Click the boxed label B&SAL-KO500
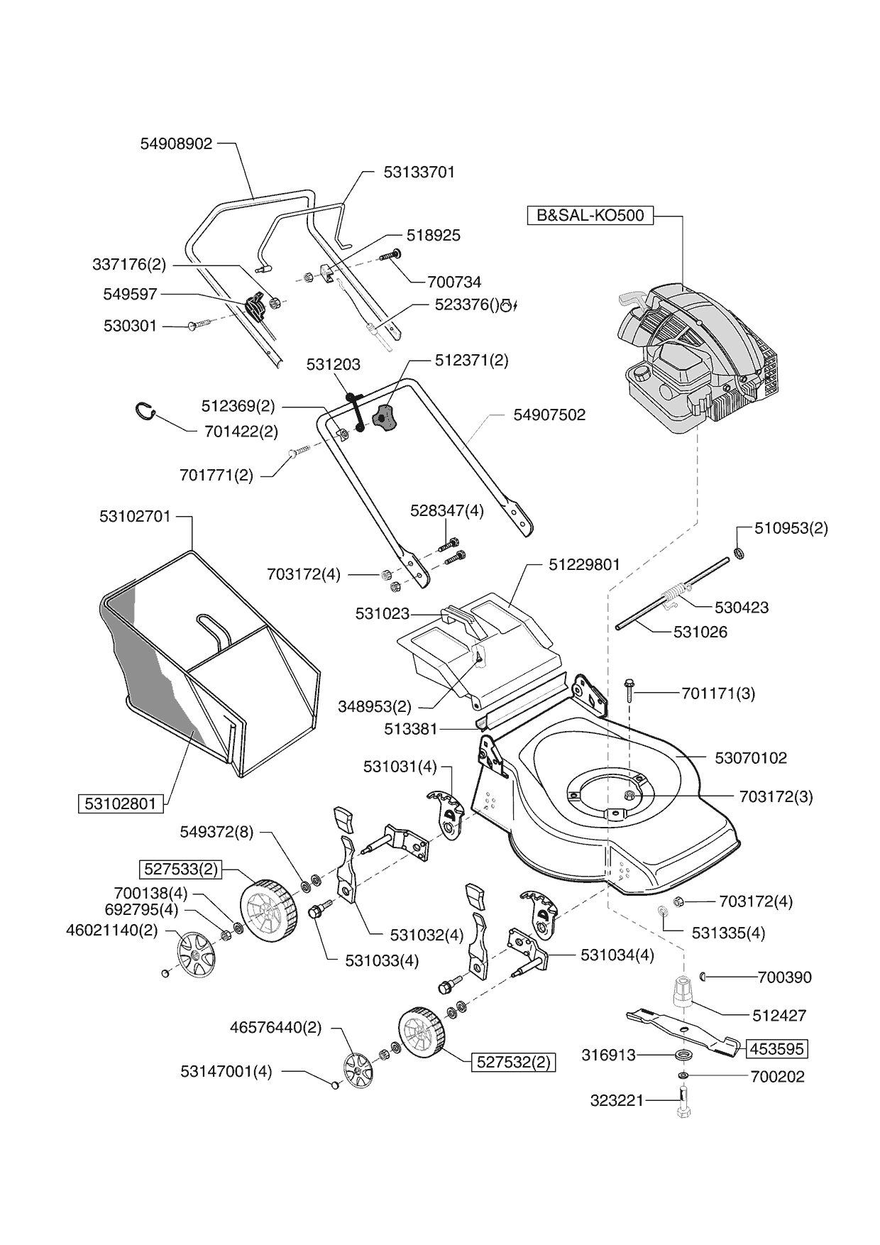(x=590, y=215)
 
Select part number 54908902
(x=176, y=143)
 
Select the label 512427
(x=779, y=1015)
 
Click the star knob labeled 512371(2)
(x=383, y=417)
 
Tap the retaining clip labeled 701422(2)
(x=145, y=411)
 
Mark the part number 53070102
(x=750, y=758)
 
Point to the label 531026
(x=700, y=632)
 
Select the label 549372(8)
(x=216, y=831)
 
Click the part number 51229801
(x=584, y=565)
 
